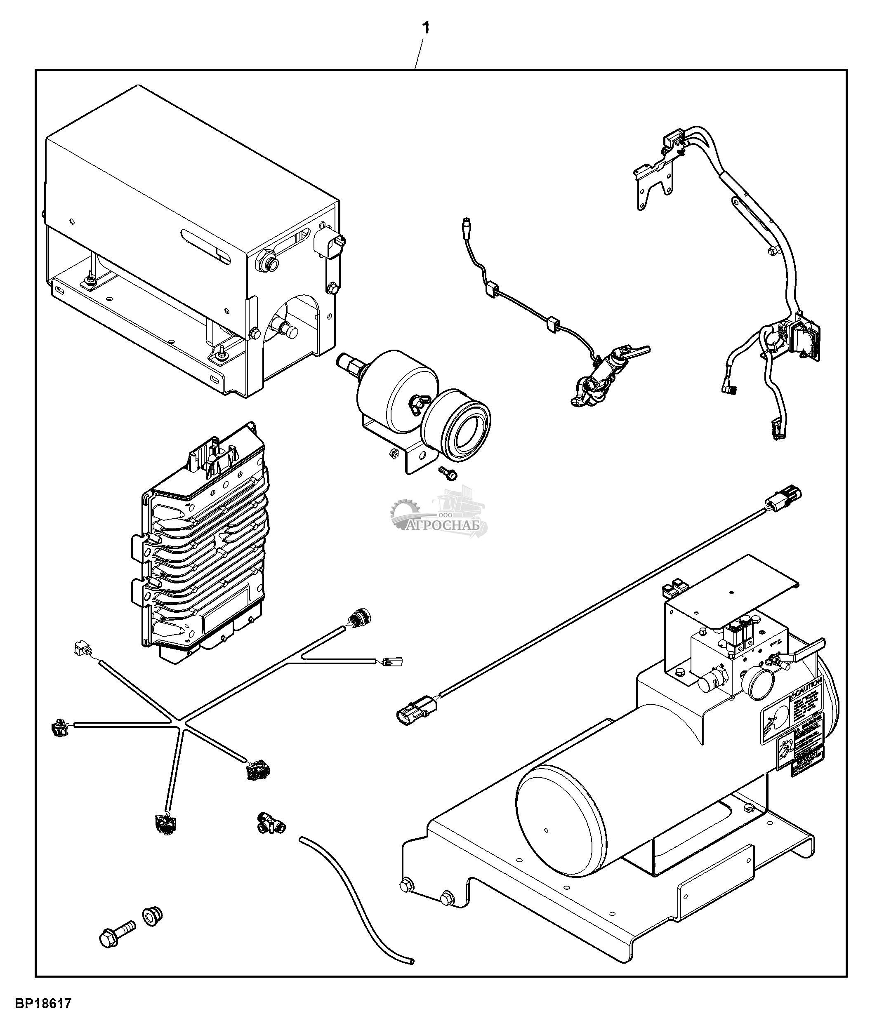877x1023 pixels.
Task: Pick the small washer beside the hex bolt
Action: [x=153, y=916]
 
